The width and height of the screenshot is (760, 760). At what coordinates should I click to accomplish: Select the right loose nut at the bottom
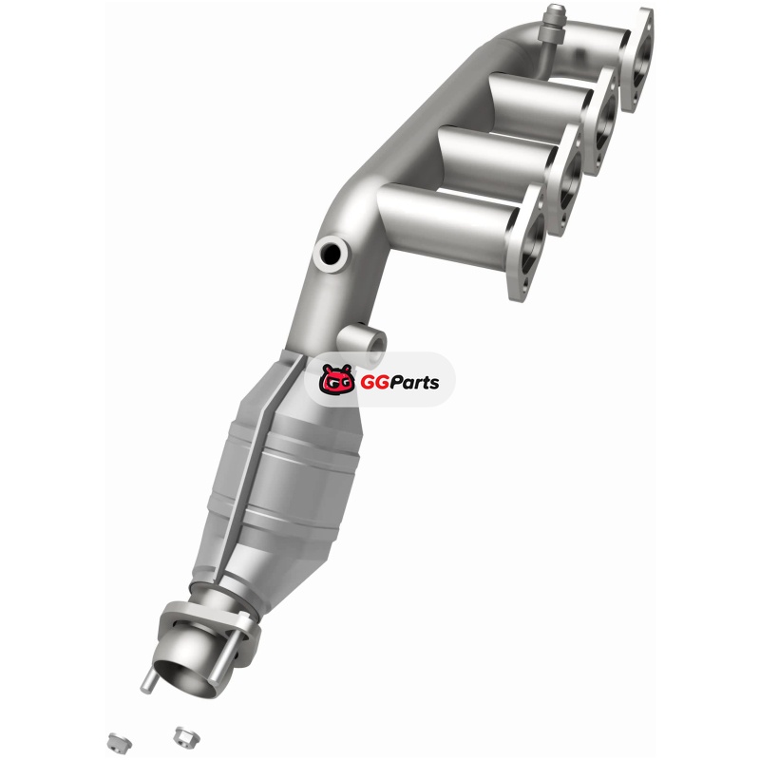tap(186, 735)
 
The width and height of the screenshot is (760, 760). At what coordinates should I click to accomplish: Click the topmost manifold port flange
tap(636, 60)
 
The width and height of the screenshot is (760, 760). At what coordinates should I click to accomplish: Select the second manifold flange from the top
tap(601, 123)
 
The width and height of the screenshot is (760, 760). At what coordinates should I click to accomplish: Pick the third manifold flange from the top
tap(566, 180)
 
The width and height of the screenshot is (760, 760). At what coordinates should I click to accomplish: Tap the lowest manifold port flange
tap(526, 242)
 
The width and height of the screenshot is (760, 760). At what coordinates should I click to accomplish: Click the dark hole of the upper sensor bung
tap(331, 252)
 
